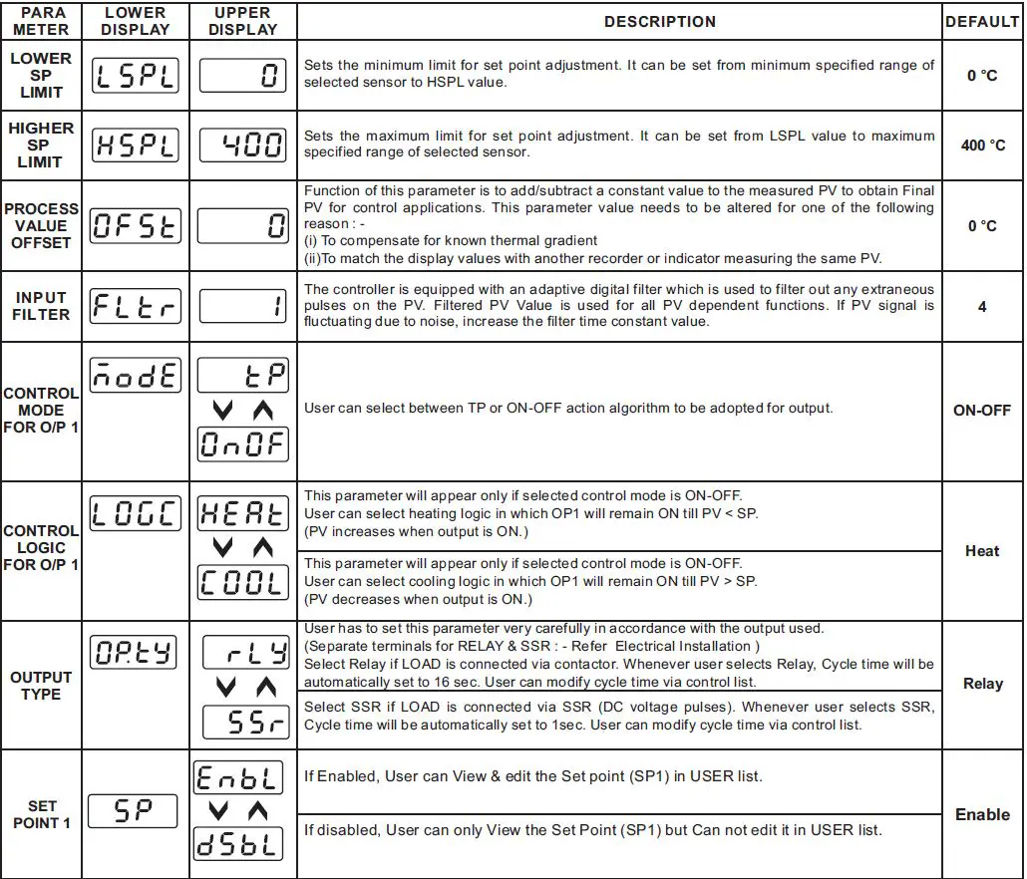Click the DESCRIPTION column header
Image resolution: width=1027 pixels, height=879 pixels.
pyautogui.click(x=659, y=21)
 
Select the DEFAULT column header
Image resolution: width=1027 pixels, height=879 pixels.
pyautogui.click(x=982, y=21)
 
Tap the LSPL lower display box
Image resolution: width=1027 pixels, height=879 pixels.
pyautogui.click(x=135, y=76)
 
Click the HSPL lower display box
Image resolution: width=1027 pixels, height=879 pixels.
pyautogui.click(x=135, y=146)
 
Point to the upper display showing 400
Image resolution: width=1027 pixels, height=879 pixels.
pyautogui.click(x=244, y=146)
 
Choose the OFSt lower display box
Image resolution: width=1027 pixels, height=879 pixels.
pyautogui.click(x=135, y=225)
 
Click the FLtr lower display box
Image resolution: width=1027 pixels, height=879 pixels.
pyautogui.click(x=135, y=307)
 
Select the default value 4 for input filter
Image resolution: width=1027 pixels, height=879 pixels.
pyautogui.click(x=982, y=307)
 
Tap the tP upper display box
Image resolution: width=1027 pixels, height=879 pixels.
pyautogui.click(x=244, y=376)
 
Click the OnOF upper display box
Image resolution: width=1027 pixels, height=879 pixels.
pyautogui.click(x=244, y=443)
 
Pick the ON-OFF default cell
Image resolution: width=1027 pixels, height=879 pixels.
pyautogui.click(x=982, y=410)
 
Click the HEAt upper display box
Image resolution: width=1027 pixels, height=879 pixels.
pyautogui.click(x=244, y=513)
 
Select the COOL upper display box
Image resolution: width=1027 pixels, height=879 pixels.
pyautogui.click(x=244, y=583)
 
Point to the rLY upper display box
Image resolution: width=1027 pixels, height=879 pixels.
pyautogui.click(x=244, y=653)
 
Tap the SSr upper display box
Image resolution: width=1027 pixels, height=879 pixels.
pyautogui.click(x=244, y=723)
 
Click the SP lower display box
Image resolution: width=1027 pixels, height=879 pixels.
pyautogui.click(x=135, y=811)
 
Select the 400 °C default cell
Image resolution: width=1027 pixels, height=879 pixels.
pyautogui.click(x=982, y=146)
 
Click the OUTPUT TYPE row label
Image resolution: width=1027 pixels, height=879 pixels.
pyautogui.click(x=41, y=686)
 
